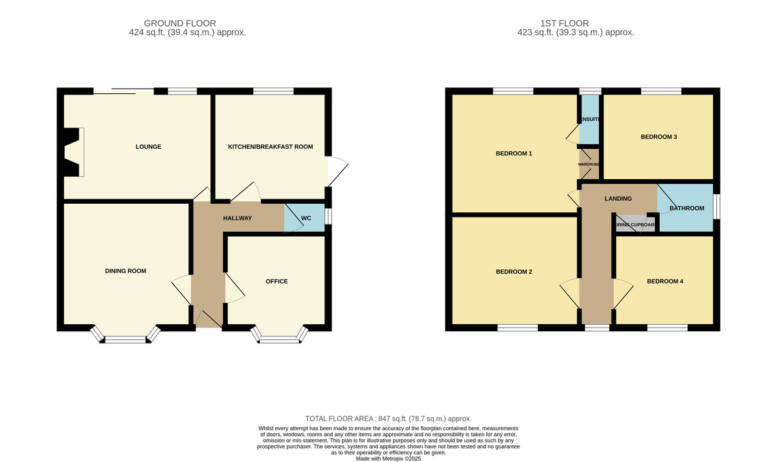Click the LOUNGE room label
(149, 147)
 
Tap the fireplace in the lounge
(73, 151)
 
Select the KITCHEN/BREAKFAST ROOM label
(270, 147)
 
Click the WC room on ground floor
(306, 219)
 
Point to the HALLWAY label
(237, 218)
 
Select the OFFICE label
(276, 281)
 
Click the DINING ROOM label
(126, 271)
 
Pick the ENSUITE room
(589, 120)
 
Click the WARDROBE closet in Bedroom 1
(589, 164)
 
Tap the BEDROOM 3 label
(659, 137)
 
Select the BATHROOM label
(686, 208)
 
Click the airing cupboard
(635, 225)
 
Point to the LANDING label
(618, 199)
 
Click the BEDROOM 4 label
(664, 281)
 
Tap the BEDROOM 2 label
(513, 272)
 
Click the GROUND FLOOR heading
(180, 23)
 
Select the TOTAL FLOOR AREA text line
(388, 419)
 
